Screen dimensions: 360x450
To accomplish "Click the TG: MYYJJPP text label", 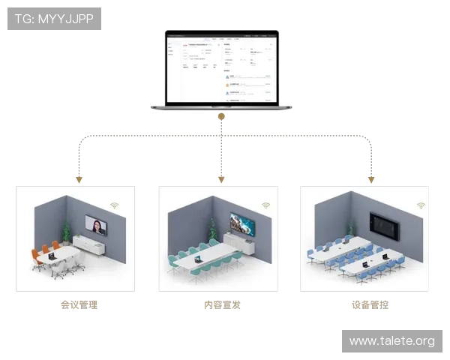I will click(x=54, y=19).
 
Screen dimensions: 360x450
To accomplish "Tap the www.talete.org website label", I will click(x=391, y=341).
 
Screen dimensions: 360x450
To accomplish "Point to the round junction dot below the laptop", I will click(x=221, y=116).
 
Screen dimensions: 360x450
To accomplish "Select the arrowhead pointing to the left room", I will click(x=78, y=180).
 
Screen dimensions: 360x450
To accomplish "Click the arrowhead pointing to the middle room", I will click(x=221, y=180).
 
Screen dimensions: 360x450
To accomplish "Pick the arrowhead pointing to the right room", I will click(x=370, y=180).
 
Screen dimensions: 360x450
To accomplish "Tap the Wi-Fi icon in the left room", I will click(x=115, y=204).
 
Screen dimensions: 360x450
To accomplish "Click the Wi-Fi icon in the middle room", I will click(x=265, y=205).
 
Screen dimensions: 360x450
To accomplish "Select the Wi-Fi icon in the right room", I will click(x=421, y=205).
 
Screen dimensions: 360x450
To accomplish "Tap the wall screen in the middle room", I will click(x=241, y=223).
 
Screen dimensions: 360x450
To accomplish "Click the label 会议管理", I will click(x=79, y=305).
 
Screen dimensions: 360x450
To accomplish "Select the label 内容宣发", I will click(x=222, y=305).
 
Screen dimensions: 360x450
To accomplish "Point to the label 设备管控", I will click(x=370, y=305).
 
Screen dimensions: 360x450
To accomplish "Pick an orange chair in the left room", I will click(x=36, y=255).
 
